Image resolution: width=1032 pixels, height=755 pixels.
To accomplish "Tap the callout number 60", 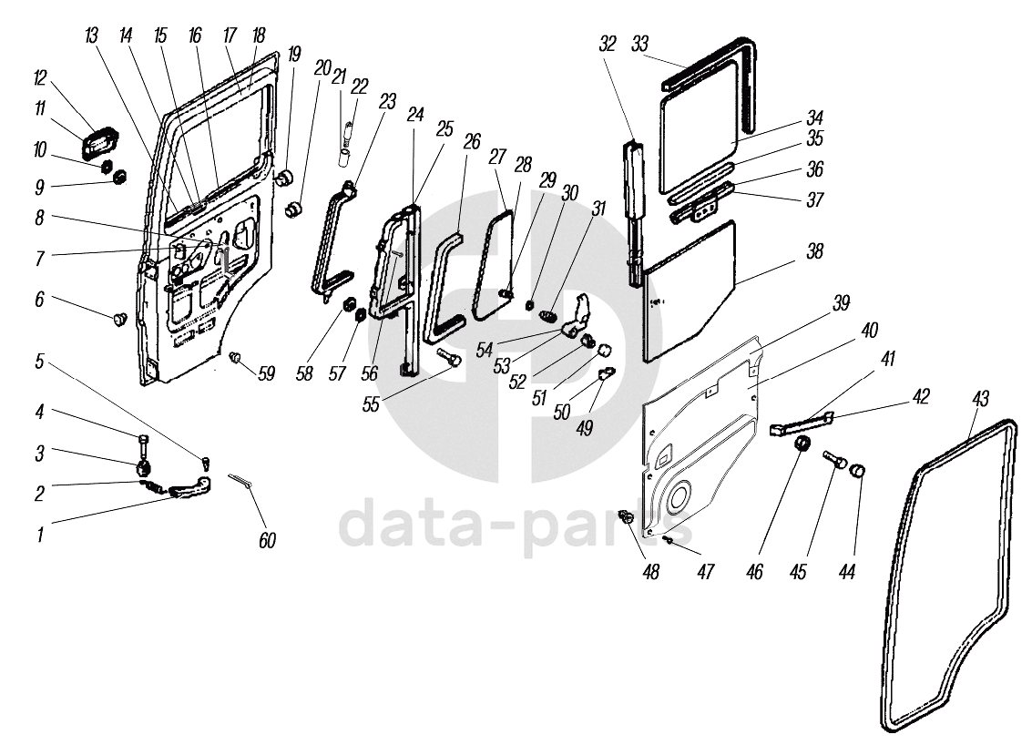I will [266, 541].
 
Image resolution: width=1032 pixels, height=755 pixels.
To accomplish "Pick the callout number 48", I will [651, 573].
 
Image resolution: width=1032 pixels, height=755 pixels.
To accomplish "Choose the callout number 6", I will [39, 300].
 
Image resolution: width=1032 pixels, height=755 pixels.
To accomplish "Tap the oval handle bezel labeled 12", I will [97, 145].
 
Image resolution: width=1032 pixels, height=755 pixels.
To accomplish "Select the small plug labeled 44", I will [856, 470].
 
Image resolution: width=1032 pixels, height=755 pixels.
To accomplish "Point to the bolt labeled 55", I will [449, 357].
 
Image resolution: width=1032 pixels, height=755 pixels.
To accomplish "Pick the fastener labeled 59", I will [235, 356].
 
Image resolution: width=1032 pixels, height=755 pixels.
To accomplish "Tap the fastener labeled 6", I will [118, 319].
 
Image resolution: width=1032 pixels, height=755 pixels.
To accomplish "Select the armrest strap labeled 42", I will [801, 423].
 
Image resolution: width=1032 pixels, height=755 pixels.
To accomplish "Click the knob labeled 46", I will [802, 445].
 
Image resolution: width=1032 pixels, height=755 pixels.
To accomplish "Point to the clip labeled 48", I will [625, 518].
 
